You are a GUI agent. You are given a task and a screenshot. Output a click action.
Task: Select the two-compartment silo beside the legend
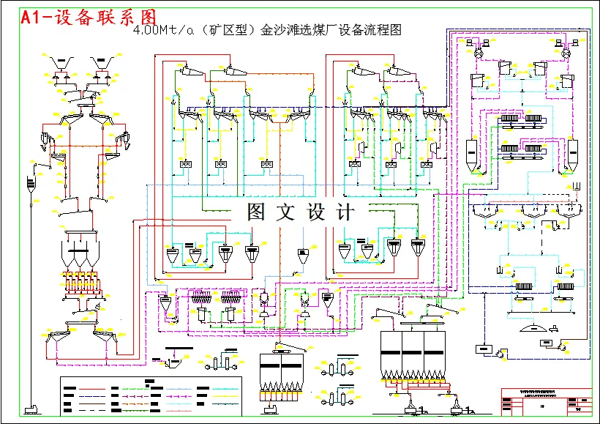coord(282,373)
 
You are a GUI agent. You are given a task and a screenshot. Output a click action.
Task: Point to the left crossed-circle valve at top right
coord(477,55)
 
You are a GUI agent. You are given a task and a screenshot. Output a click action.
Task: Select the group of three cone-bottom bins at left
coord(80,253)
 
